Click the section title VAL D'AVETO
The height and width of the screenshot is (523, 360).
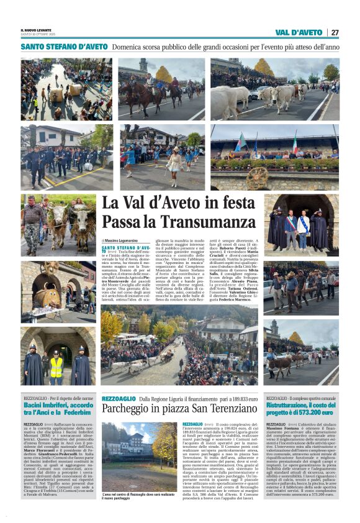299,32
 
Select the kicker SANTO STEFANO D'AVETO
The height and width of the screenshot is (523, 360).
63,47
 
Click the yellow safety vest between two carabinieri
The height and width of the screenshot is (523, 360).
56,367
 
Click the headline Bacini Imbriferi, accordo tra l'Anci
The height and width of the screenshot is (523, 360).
56,409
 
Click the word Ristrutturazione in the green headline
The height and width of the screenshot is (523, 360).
291,404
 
